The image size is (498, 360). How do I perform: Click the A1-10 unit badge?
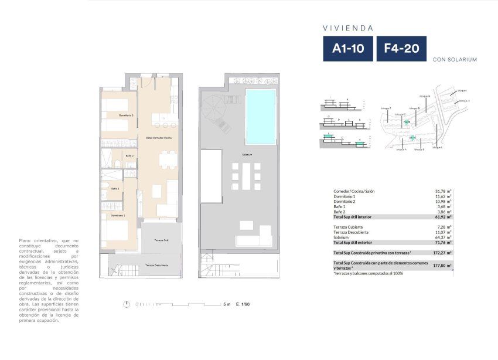tap(348, 49)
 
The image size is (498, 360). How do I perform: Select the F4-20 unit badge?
tap(401, 49)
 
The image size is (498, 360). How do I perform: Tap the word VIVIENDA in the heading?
tap(348, 28)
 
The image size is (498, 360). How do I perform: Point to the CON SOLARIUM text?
tap(454, 60)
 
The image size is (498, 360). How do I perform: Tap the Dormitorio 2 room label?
tap(126, 116)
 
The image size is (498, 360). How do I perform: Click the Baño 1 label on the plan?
tap(115, 188)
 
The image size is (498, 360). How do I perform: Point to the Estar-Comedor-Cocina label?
tap(159, 138)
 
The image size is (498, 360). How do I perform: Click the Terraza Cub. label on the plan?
tap(162, 240)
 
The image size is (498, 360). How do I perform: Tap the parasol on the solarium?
tap(212, 108)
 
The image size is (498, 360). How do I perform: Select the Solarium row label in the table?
tap(343, 237)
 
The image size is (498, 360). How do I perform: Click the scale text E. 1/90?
tap(243, 305)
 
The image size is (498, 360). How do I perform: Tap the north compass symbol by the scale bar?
tap(127, 304)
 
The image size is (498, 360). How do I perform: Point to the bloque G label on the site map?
tap(425, 96)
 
